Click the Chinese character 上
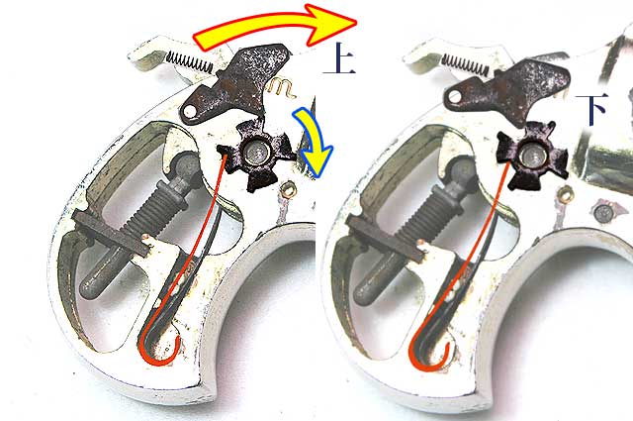[x=340, y=57]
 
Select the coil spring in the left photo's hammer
[x=189, y=61]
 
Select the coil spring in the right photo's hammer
[x=466, y=64]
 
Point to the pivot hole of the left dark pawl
[x=190, y=111]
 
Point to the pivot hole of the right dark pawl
[x=455, y=97]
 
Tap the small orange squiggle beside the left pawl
[x=282, y=88]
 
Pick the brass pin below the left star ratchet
[x=287, y=189]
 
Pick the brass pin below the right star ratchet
[x=563, y=194]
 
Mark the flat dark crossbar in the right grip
[x=385, y=238]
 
